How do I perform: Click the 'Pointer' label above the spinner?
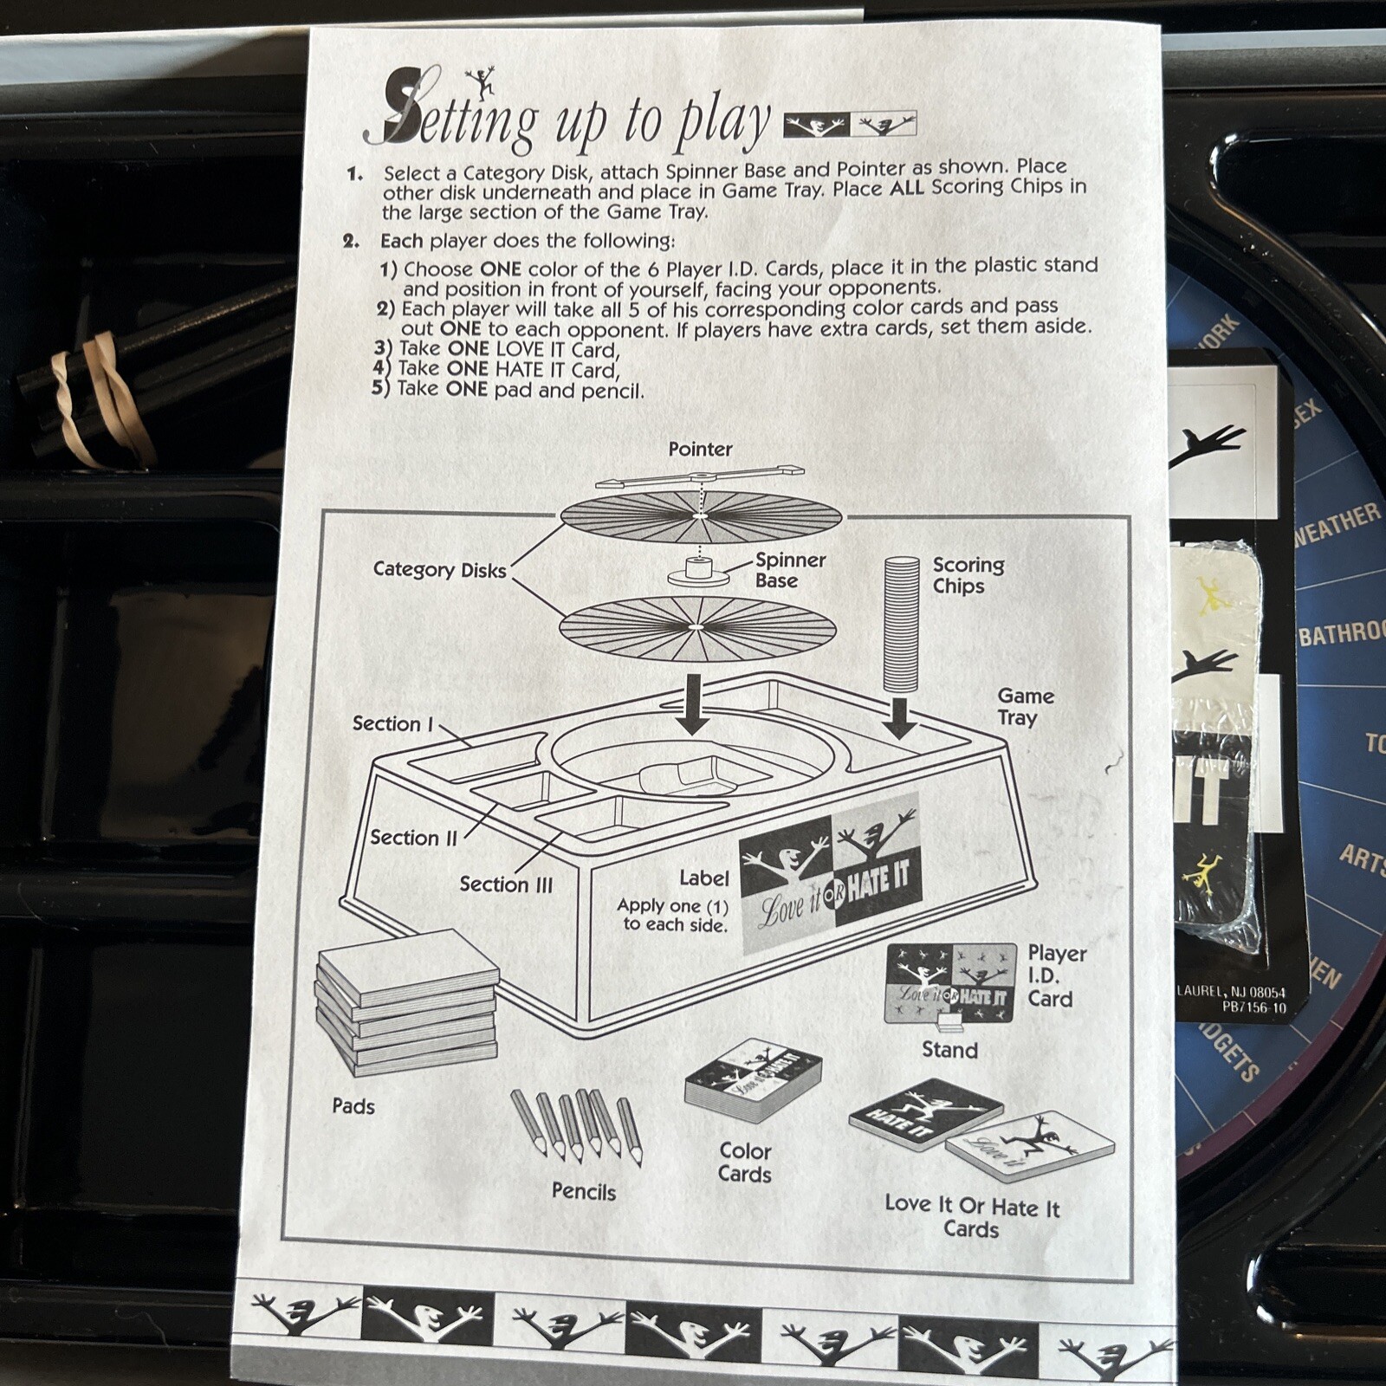pos(700,450)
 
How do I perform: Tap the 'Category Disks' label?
pos(439,570)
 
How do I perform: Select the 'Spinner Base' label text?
pos(790,570)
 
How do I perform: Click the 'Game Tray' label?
pos(1026,707)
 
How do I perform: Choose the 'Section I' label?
pos(392,723)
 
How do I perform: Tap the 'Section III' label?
pos(506,884)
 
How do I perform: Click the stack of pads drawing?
pos(408,1001)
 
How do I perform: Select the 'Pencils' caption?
pos(584,1192)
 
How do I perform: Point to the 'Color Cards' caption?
pos(745,1163)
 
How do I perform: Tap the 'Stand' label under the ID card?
pos(949,1050)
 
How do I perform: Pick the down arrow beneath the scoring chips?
pos(901,718)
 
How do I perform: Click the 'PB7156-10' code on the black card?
pos(1253,1007)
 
